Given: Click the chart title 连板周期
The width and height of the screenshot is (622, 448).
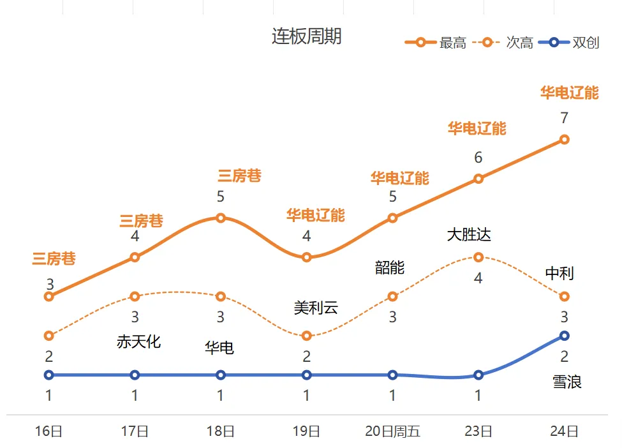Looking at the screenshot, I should (306, 36).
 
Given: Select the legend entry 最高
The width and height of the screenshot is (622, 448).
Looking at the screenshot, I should (452, 43).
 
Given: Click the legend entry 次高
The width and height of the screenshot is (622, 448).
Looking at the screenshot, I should (519, 43).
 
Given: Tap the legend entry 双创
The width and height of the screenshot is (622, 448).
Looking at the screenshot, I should (586, 43).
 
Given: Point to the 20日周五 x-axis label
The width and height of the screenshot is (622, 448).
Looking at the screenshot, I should (392, 431).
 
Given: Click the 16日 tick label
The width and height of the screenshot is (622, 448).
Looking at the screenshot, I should (48, 431).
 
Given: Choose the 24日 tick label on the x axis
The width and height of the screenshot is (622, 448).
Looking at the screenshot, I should (564, 431).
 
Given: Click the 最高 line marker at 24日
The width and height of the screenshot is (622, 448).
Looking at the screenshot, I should (564, 139).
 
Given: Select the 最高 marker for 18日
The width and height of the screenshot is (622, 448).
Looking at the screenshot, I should (221, 218).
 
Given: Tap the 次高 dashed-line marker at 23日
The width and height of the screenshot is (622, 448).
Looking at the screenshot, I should (478, 257).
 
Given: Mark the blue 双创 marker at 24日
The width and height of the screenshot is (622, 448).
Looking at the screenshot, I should (564, 336).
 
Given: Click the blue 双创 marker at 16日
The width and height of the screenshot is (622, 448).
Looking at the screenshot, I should (48, 375).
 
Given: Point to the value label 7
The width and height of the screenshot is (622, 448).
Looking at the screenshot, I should (564, 118).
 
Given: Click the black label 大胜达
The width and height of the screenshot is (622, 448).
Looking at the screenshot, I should (469, 235).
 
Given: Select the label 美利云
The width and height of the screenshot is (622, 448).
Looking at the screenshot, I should (316, 308).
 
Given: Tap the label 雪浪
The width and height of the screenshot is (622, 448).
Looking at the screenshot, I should (567, 382).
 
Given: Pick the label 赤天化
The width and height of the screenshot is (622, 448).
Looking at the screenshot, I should (138, 341).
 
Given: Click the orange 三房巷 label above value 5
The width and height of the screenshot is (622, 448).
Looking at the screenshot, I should (239, 175).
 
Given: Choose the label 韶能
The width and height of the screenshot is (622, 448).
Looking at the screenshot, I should (390, 267).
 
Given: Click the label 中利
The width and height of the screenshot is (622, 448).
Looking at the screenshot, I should (559, 274).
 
